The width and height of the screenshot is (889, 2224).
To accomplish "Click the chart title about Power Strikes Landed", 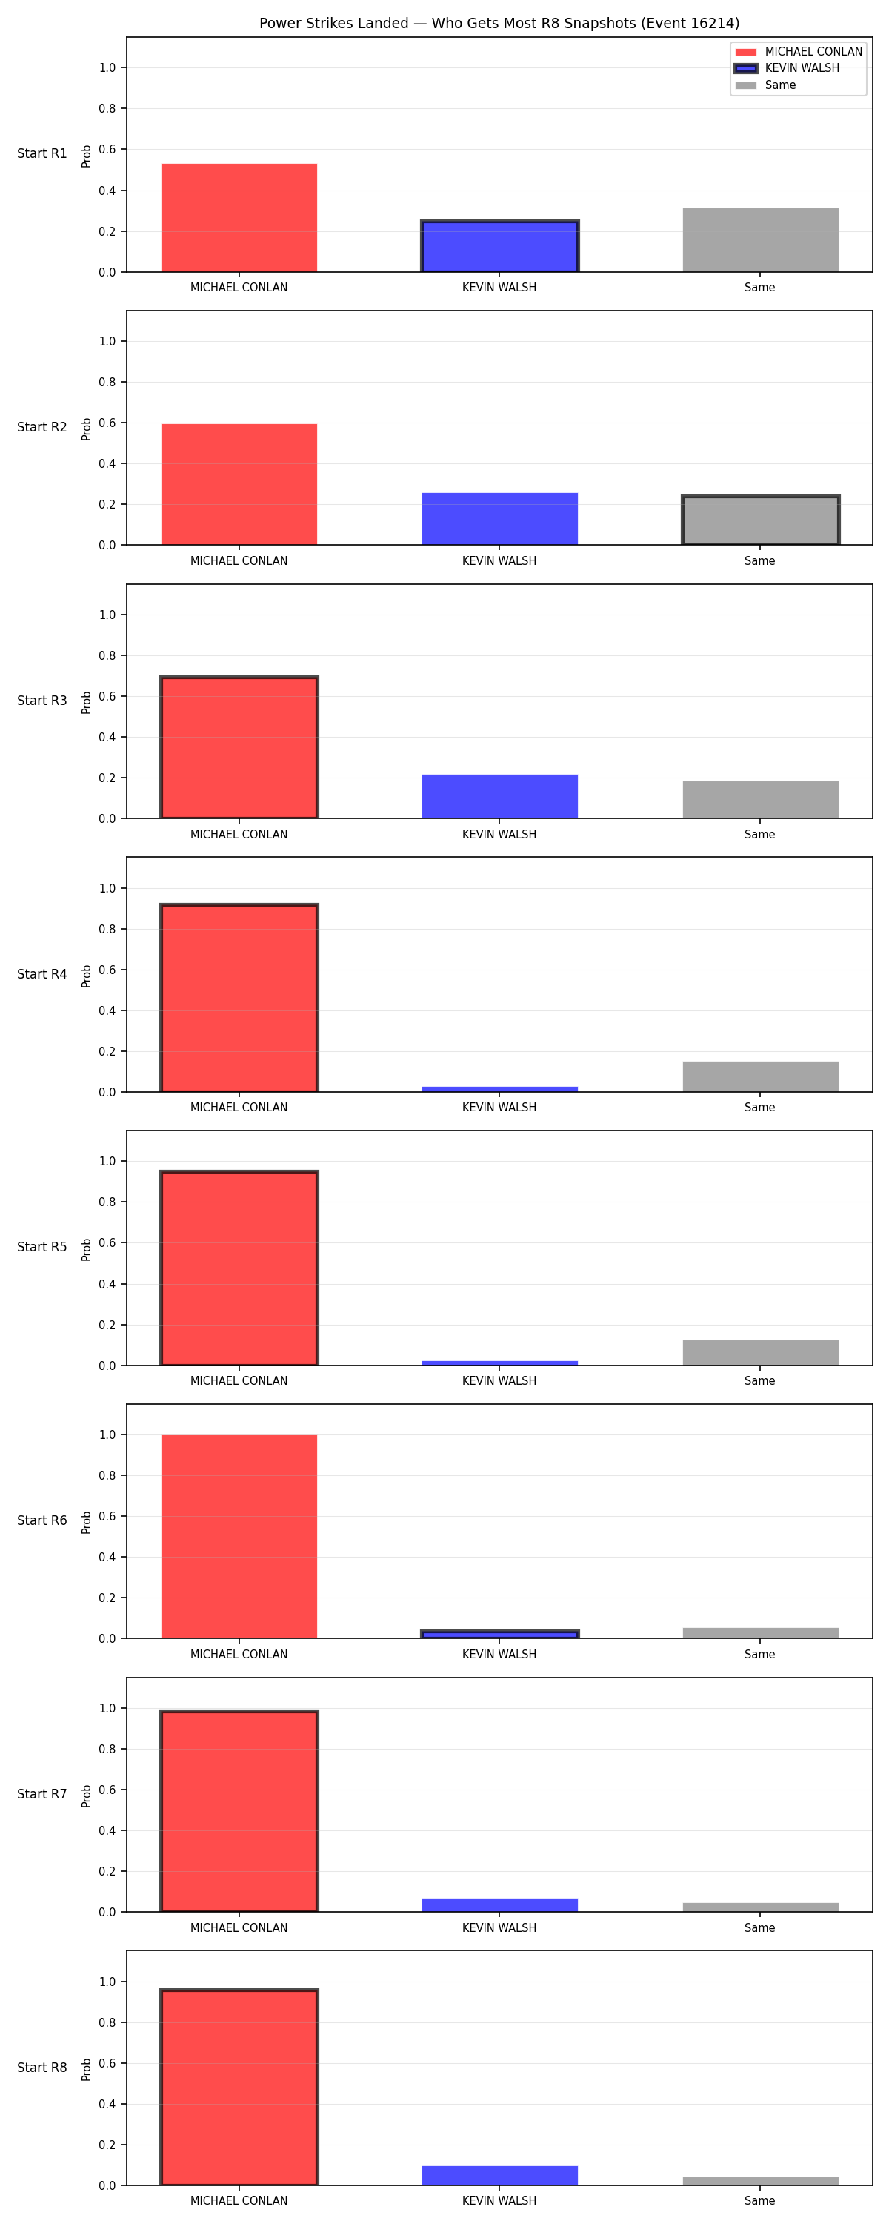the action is pyautogui.click(x=499, y=23).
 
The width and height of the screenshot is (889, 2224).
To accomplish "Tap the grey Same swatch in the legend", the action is pyautogui.click(x=746, y=85).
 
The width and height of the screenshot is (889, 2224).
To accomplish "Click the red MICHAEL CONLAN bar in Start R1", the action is pyautogui.click(x=239, y=217).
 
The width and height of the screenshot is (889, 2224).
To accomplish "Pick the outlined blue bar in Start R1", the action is pyautogui.click(x=500, y=246).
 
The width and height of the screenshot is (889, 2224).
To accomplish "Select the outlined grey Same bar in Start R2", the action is pyautogui.click(x=760, y=520).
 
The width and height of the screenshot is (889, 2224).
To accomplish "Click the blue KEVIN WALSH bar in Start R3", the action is pyautogui.click(x=500, y=796).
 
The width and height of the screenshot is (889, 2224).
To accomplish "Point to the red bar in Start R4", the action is pyautogui.click(x=239, y=997).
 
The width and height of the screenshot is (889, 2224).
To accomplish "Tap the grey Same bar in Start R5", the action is pyautogui.click(x=760, y=1352).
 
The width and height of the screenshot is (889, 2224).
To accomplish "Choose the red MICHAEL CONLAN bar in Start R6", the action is pyautogui.click(x=239, y=1536).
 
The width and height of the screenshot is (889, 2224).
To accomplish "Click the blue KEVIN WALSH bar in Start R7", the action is pyautogui.click(x=500, y=1904).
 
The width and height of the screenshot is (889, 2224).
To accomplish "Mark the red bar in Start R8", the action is pyautogui.click(x=239, y=2087).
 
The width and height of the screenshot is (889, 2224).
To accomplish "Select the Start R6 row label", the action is pyautogui.click(x=42, y=1520).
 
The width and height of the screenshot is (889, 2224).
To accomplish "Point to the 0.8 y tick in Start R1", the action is pyautogui.click(x=107, y=109).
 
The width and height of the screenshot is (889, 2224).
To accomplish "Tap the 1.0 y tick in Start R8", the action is pyautogui.click(x=107, y=1982).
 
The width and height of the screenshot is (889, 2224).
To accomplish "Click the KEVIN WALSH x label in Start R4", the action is pyautogui.click(x=499, y=1107).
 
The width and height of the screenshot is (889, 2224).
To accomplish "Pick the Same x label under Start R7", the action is pyautogui.click(x=759, y=1928).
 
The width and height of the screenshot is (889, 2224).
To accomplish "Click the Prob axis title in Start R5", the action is pyautogui.click(x=87, y=1249).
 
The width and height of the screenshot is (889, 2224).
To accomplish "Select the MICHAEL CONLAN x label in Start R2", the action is pyautogui.click(x=239, y=560).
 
